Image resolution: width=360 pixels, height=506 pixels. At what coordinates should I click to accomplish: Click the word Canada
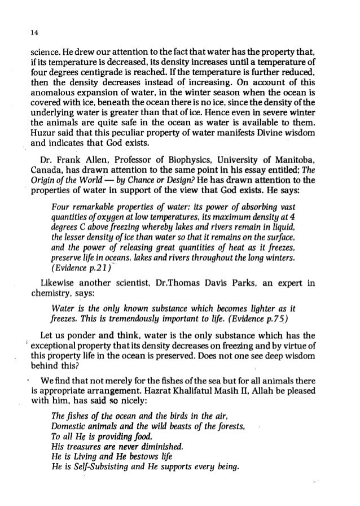46,169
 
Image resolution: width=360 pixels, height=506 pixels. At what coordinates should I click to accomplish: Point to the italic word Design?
188,180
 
